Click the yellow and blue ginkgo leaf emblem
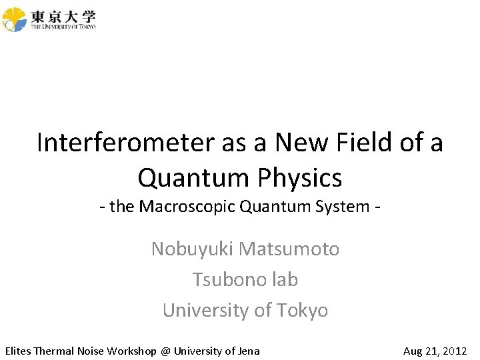tap(15, 19)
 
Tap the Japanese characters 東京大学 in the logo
tap(63, 15)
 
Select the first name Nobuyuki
tap(193, 249)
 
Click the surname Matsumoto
tap(289, 249)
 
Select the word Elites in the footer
tap(18, 351)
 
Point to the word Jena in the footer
tap(247, 351)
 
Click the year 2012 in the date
tap(455, 351)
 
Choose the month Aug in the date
tap(414, 351)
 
